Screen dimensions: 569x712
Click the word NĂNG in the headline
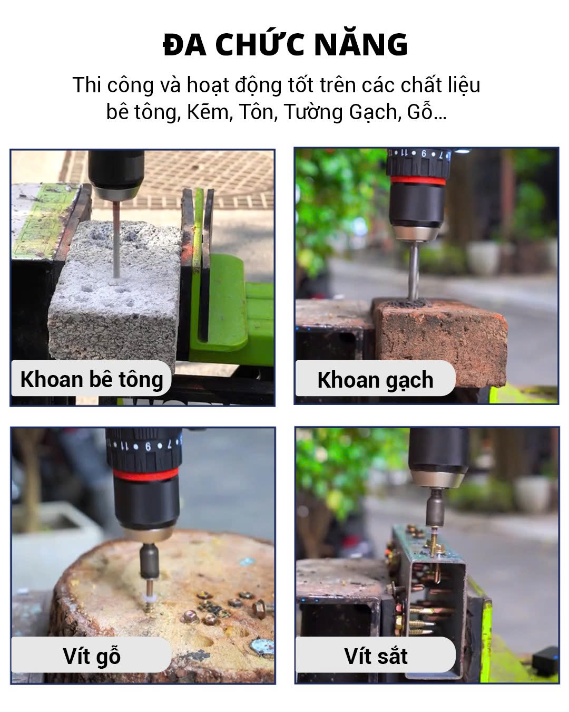point(361,44)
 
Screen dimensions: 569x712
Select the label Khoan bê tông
point(92,379)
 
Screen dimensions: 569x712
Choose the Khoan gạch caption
point(375,380)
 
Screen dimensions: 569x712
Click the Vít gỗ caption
point(92,656)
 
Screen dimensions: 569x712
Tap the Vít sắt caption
point(376,656)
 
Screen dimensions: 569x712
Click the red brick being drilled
point(440,341)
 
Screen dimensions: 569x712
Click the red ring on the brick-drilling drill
point(417,181)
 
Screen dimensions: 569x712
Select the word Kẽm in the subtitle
point(208,112)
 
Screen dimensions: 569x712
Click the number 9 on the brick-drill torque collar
point(424,153)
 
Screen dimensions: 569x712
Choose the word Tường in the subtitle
point(313,112)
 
